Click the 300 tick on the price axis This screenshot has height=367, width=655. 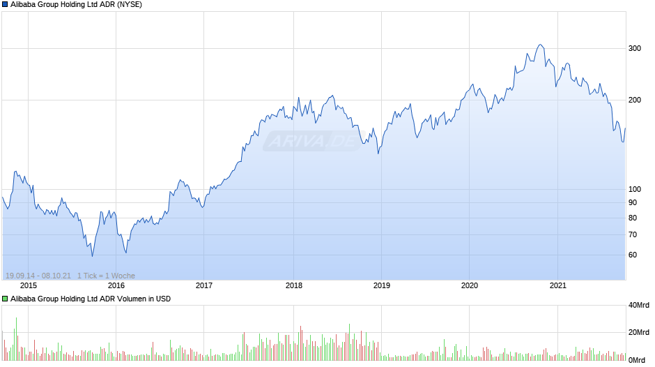pyautogui.click(x=635, y=48)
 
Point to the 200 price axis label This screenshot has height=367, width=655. pyautogui.click(x=635, y=100)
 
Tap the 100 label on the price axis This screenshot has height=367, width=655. pyautogui.click(x=635, y=189)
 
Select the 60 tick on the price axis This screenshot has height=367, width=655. pyautogui.click(x=633, y=255)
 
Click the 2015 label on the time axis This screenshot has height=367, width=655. pyautogui.click(x=29, y=285)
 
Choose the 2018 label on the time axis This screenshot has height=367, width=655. pyautogui.click(x=293, y=285)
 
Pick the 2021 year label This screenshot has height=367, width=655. pyautogui.click(x=557, y=285)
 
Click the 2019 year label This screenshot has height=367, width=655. pyautogui.click(x=381, y=285)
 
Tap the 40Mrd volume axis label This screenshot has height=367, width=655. pyautogui.click(x=639, y=305)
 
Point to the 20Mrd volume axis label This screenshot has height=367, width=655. pyautogui.click(x=639, y=332)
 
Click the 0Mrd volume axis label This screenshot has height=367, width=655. pyautogui.click(x=637, y=360)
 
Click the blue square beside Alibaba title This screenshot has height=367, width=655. pyautogui.click(x=5, y=5)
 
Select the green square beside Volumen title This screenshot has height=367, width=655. pyautogui.click(x=5, y=299)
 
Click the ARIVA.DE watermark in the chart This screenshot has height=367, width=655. pyautogui.click(x=314, y=141)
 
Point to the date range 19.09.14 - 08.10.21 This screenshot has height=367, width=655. pyautogui.click(x=38, y=276)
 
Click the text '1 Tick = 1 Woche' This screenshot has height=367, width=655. pyautogui.click(x=106, y=276)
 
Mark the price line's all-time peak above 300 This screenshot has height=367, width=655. pyautogui.click(x=540, y=45)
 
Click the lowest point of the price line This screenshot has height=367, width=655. pyautogui.click(x=92, y=255)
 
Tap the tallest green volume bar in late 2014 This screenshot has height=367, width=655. pyautogui.click(x=16, y=339)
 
